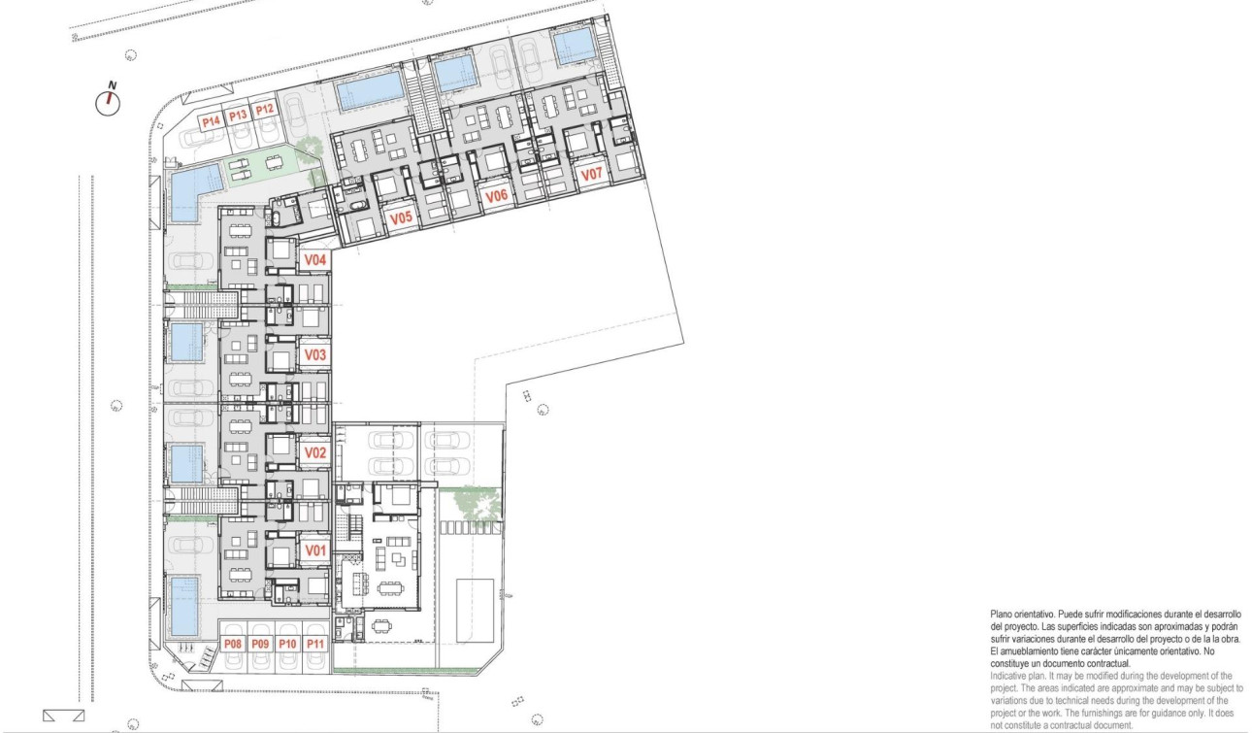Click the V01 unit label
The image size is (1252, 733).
point(313,550)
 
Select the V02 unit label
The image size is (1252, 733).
point(313,452)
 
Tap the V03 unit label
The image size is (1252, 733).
point(314,355)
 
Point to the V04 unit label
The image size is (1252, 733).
point(314,260)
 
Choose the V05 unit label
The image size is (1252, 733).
point(402,219)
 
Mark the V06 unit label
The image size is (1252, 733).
point(497,196)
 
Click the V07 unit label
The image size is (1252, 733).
point(591,175)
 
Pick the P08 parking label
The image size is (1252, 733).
point(232,645)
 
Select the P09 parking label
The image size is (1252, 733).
point(260,645)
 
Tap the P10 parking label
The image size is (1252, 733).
point(287,645)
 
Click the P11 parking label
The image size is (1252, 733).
point(314,645)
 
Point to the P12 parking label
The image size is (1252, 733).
point(265,112)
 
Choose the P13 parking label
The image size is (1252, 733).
point(239,116)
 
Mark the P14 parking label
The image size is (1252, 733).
point(211,120)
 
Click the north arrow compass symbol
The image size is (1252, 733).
point(109,101)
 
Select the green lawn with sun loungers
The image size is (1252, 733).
point(256,166)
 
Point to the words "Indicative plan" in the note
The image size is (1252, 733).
point(1020,675)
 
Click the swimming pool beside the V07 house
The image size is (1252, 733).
point(574,44)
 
